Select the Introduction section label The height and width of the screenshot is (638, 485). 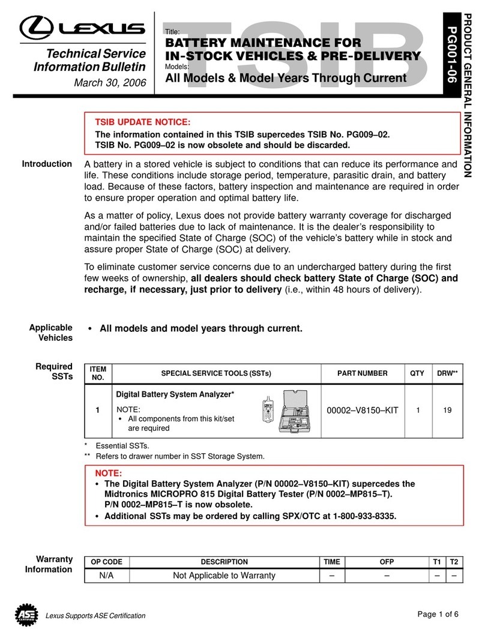coord(47,164)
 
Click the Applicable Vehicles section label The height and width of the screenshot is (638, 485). coord(52,333)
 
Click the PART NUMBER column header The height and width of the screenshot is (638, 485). coord(363,373)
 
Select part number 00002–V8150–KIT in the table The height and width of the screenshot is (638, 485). coord(363,411)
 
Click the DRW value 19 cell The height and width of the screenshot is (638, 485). coord(447,411)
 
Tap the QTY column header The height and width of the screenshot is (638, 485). coord(417,373)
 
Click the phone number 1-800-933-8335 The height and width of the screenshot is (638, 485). coord(362,516)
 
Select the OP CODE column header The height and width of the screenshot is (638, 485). coord(106,562)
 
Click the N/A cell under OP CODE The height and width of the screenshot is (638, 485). coord(106,576)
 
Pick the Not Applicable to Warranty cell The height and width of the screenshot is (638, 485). coord(224,576)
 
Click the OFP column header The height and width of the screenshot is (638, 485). coord(387,562)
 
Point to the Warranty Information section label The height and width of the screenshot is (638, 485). coord(49,564)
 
